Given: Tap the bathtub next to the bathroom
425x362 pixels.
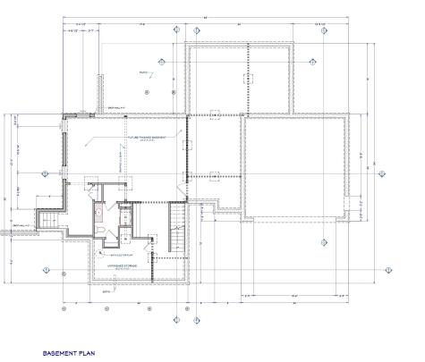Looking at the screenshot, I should coord(100,215).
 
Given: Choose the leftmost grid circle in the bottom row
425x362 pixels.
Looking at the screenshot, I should coord(63,310).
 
